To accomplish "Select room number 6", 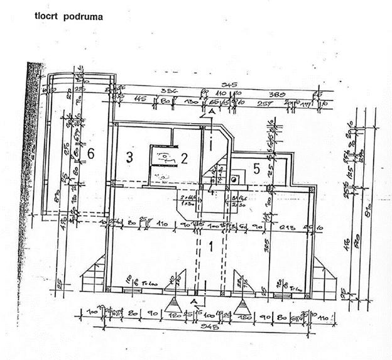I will point(90,153).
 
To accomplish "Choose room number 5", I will point(256,168).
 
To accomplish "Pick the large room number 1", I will point(212,246).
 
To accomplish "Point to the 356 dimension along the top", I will point(165,90).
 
